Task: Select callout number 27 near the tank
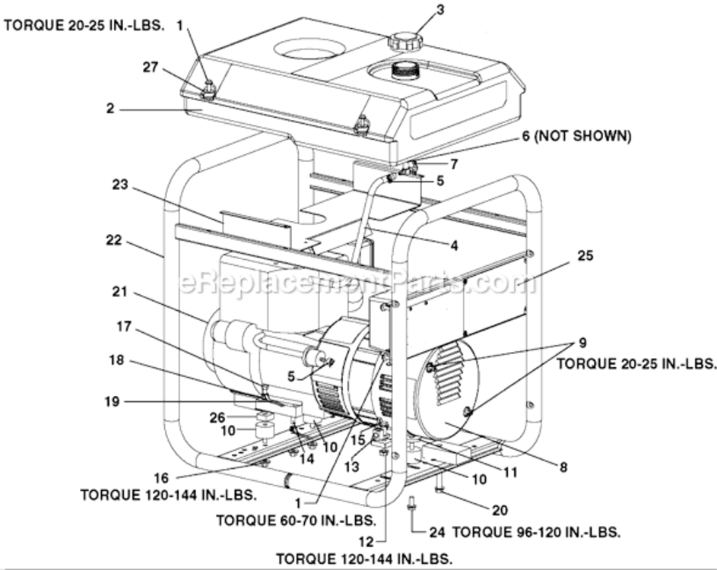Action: point(151,68)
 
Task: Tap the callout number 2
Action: point(110,109)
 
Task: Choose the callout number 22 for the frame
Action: point(113,239)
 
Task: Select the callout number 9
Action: point(582,342)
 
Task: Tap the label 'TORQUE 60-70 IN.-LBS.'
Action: point(296,521)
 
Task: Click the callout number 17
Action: point(123,328)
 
